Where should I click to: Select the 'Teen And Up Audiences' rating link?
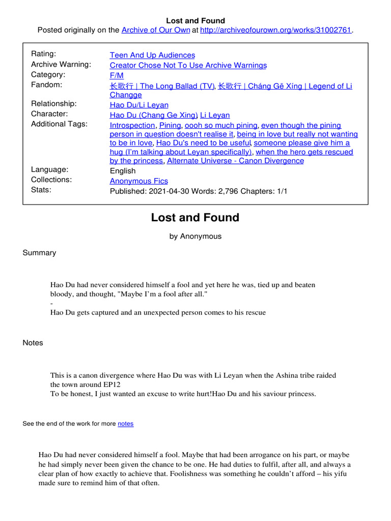pyautogui.click(x=152, y=55)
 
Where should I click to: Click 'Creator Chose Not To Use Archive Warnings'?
pyautogui.click(x=188, y=65)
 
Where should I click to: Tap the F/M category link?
pyautogui.click(x=117, y=75)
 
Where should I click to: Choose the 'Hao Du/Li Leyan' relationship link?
pyautogui.click(x=139, y=105)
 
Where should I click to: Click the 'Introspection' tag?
pyautogui.click(x=132, y=125)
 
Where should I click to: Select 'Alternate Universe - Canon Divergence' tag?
pyautogui.click(x=235, y=161)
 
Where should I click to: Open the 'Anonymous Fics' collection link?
pyautogui.click(x=138, y=181)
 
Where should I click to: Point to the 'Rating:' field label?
pyautogui.click(x=44, y=54)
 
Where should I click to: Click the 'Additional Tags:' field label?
pyautogui.click(x=59, y=124)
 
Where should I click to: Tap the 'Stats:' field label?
pyautogui.click(x=41, y=190)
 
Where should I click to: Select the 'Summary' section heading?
pyautogui.click(x=39, y=253)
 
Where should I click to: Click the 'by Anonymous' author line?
pyautogui.click(x=195, y=236)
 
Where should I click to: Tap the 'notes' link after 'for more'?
pyautogui.click(x=125, y=424)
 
